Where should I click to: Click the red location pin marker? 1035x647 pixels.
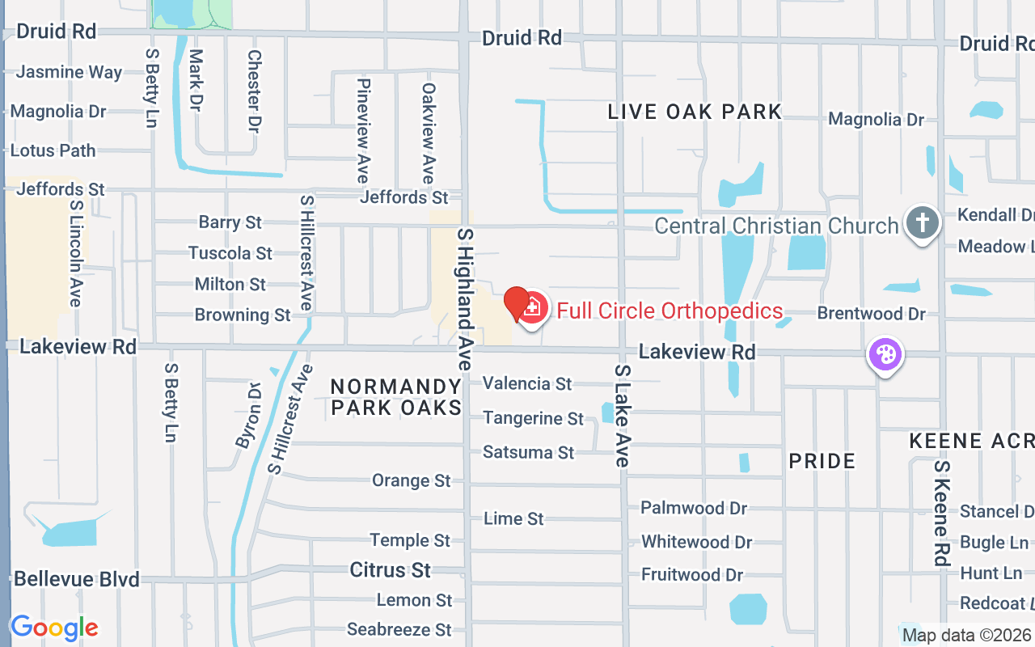coord(517,303)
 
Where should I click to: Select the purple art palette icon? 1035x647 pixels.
coord(885,354)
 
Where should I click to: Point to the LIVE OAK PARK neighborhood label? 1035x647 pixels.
coord(695,112)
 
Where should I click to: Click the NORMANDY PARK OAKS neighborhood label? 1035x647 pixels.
coord(396,397)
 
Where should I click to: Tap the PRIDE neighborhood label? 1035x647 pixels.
coord(822,461)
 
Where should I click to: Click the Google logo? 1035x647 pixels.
coord(54,628)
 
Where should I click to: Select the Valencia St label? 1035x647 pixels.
coord(527,383)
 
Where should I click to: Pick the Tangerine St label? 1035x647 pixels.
coord(533,418)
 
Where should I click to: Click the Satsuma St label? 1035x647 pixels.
coord(528,452)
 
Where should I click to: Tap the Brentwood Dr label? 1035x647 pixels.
coord(871,313)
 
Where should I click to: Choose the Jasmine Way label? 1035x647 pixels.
coord(69,72)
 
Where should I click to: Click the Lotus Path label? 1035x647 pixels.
coord(53,150)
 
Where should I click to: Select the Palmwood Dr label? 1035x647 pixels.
coord(694,508)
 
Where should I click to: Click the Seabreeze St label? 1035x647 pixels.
coord(399,629)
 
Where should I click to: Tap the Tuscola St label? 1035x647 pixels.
coord(230,253)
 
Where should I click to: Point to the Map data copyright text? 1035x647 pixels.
coord(966,635)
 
